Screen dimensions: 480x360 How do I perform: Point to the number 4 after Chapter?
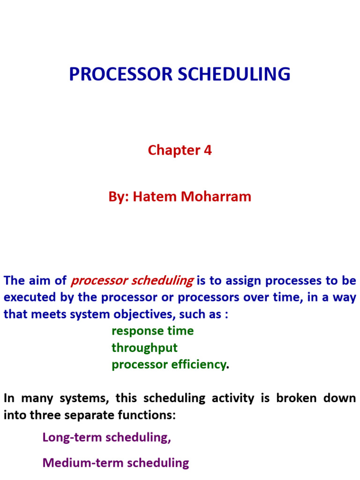(x=208, y=150)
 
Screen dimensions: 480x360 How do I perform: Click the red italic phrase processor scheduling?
(x=132, y=281)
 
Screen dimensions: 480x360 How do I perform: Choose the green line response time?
(x=152, y=331)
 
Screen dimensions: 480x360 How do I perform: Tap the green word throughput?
(x=144, y=348)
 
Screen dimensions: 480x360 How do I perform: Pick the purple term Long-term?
(x=72, y=437)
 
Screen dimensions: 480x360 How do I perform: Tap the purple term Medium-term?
(x=82, y=463)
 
